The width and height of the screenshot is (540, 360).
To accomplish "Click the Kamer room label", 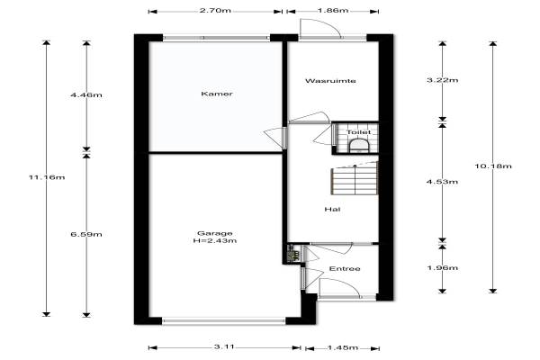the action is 217,94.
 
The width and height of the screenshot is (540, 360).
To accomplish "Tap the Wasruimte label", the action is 330,81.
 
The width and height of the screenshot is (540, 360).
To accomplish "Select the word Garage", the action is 215,233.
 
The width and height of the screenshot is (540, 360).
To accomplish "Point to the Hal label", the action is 332,209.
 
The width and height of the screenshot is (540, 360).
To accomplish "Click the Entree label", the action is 345,269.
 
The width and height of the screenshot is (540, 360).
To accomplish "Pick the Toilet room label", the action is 358,132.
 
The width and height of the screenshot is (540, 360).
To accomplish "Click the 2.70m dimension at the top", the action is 215,10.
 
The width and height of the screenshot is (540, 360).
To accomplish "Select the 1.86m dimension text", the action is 333,10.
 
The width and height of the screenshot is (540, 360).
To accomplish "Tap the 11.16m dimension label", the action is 47,177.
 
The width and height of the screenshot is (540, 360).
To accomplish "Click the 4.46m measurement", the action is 86,95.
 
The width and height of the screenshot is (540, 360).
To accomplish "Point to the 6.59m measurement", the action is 86,234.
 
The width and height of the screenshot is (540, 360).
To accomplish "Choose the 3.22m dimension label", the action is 443,80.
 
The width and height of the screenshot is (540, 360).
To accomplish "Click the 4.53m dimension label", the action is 443,182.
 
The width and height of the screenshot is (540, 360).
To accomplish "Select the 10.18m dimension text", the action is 493,166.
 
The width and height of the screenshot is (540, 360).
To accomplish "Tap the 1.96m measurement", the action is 443,267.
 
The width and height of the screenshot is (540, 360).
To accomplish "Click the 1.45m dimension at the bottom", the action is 343,347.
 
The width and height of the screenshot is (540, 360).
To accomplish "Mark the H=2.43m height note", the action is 215,241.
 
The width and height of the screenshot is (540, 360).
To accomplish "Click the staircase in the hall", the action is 355,178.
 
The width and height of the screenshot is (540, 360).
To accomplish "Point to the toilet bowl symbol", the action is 359,146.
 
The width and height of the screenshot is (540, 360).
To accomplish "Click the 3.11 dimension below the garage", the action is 224,346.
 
